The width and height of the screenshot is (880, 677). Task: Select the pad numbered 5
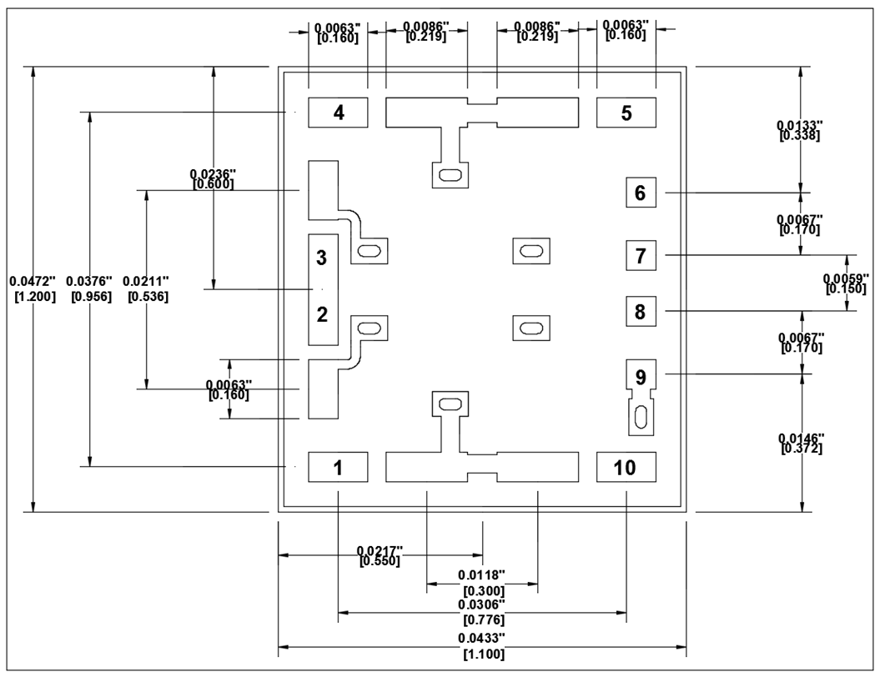coord(626,113)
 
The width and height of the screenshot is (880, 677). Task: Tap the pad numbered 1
coord(339,467)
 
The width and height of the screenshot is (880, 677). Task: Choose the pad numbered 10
coord(626,467)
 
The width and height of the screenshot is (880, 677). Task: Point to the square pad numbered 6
coord(641,193)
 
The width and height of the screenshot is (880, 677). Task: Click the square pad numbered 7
coord(641,255)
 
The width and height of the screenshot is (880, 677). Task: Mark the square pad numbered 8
coord(641,313)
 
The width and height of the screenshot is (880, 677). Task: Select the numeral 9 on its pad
coord(641,376)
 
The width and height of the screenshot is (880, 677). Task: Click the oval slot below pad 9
coord(641,417)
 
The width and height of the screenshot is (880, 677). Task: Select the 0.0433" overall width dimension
coord(483,645)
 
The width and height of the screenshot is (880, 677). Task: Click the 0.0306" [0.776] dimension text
coord(483,611)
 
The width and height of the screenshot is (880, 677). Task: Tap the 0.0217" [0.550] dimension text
coord(380,556)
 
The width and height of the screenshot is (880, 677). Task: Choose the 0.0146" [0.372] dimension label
coord(802,444)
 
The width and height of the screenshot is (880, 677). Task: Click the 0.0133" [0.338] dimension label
coord(801,130)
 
